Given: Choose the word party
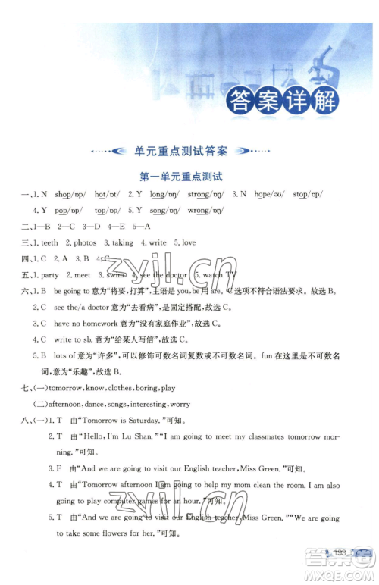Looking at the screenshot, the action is [50, 275].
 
